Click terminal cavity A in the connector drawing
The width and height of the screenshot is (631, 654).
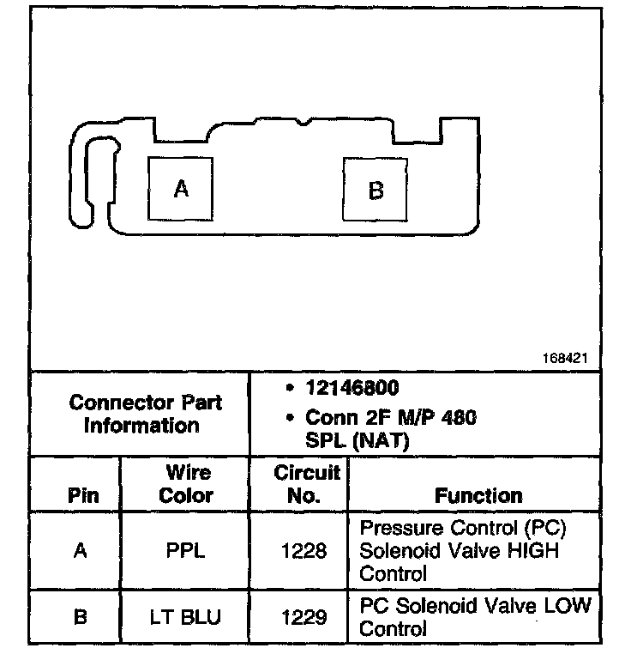coord(181,188)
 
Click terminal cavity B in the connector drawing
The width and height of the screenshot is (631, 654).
coord(376,190)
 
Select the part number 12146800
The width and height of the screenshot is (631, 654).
coord(352,389)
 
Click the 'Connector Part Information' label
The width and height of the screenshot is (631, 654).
coord(145,414)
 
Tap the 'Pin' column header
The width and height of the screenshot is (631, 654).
coord(82,495)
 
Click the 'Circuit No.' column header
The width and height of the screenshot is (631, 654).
coord(307,484)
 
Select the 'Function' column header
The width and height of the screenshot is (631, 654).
coord(478,495)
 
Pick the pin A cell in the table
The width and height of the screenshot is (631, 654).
coord(81,551)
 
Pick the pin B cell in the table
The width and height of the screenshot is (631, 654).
coord(81,616)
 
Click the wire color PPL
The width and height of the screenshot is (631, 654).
coord(186,551)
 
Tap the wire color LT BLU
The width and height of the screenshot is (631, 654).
coord(186,616)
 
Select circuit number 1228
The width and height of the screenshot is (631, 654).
coord(304,551)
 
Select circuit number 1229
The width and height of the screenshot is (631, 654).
coord(304,616)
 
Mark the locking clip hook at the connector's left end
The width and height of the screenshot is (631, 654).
coord(89,176)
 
